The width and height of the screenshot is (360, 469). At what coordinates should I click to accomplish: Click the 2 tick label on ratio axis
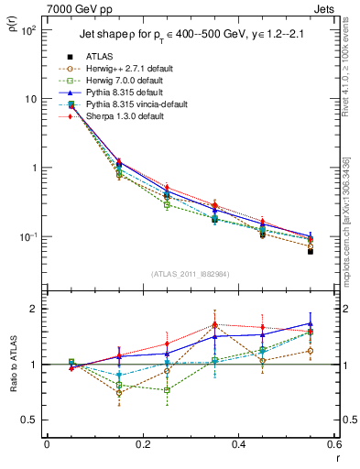point(34,310)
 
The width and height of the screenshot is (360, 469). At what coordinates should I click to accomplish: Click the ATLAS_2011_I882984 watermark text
point(189,274)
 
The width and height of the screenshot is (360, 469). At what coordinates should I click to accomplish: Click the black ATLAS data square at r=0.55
point(311,251)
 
